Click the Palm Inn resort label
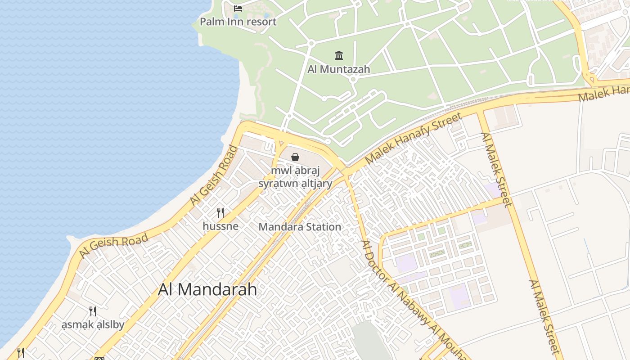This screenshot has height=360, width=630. [238, 22]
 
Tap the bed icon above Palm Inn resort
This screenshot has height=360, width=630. [238, 8]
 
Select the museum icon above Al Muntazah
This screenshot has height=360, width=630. [339, 55]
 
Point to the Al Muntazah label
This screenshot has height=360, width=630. [339, 69]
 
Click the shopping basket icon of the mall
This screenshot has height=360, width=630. [295, 157]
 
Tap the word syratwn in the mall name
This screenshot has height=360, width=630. [275, 184]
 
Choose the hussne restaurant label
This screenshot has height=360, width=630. [220, 226]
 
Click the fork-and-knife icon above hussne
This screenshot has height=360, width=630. [220, 212]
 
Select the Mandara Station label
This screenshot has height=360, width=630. [300, 227]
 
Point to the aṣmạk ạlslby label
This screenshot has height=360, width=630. [93, 324]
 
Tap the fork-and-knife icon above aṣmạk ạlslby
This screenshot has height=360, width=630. [93, 311]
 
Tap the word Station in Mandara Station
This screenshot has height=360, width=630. [322, 227]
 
